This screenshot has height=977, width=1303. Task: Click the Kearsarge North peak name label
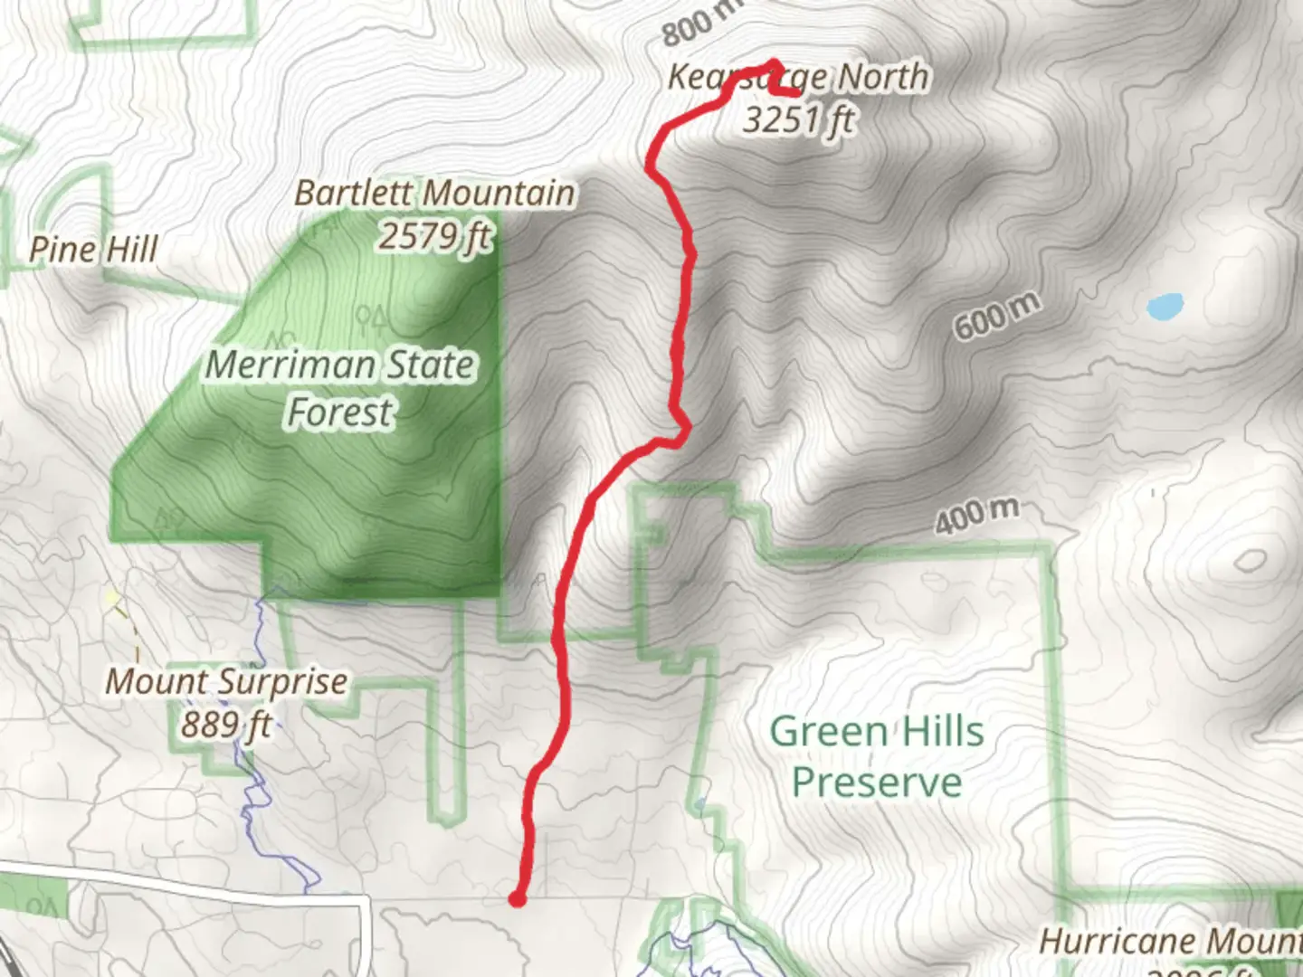coord(798,78)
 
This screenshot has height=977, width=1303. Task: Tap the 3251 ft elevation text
coord(798,119)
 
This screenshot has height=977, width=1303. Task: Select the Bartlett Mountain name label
coord(434,194)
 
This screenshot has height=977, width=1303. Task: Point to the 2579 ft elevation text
coord(434,236)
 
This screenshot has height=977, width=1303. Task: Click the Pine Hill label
coord(93,250)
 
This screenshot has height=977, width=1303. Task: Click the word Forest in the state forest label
coord(340,413)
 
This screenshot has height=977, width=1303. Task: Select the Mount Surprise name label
coord(226,681)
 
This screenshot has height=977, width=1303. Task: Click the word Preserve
coord(876,782)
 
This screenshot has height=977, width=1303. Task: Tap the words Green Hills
coord(876,731)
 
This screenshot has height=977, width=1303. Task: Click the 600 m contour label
coord(996,317)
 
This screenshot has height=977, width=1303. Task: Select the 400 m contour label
coord(976,516)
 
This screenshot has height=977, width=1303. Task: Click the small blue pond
coord(1165,307)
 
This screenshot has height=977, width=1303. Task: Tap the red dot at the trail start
coord(517,898)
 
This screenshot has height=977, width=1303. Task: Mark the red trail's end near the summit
coord(796,92)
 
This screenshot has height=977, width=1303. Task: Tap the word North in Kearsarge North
coord(882,78)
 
